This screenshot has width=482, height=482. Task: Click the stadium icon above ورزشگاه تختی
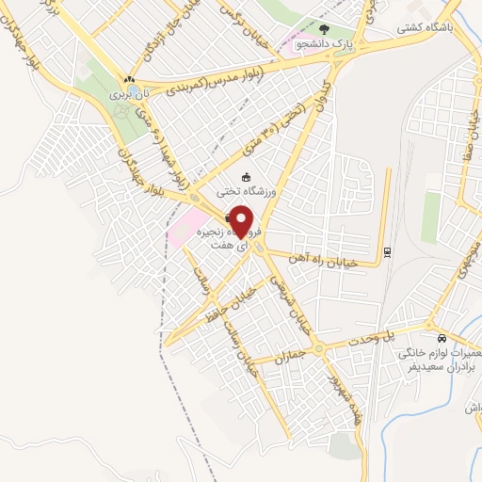coord(247,176)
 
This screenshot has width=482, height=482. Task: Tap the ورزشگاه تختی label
coord(244,190)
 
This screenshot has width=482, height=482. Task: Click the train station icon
coord(387,251)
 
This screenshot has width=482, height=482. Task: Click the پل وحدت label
coord(375,335)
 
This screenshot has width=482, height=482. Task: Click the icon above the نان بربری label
coord(129,80)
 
